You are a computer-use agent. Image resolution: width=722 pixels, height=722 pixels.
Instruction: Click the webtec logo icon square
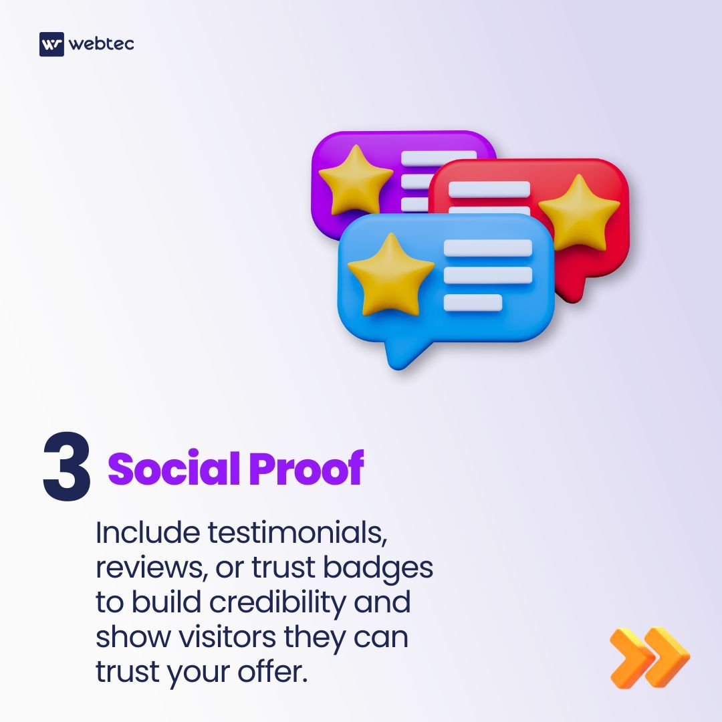click(x=51, y=44)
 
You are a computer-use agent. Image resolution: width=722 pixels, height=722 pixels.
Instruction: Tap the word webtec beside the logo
click(x=101, y=44)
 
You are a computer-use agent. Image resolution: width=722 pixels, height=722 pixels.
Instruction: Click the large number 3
click(x=67, y=467)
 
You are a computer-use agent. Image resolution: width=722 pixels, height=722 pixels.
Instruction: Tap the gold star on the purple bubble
click(x=355, y=179)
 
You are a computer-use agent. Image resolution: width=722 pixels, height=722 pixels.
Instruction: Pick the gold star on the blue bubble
click(x=391, y=273)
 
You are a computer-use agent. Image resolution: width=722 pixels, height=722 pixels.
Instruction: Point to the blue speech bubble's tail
click(x=400, y=355)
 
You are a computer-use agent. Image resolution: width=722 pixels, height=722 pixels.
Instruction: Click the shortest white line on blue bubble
click(x=473, y=303)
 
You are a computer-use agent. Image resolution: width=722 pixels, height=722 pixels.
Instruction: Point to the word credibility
click(x=279, y=603)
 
